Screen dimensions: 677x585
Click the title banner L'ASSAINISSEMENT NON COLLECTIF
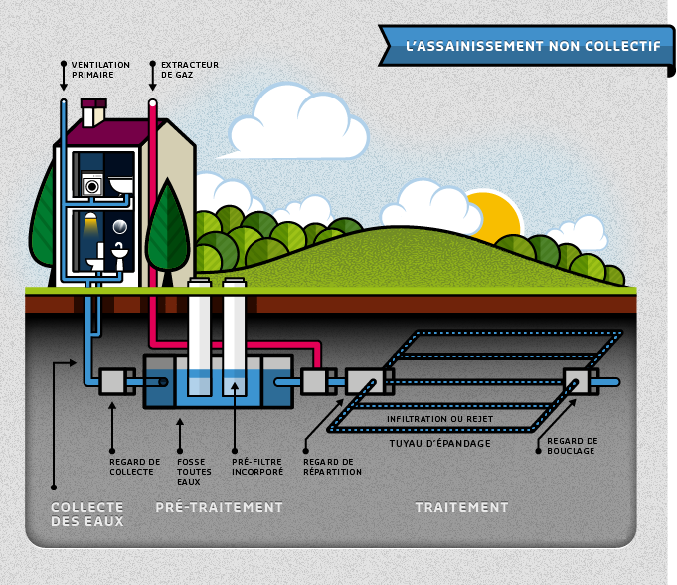pyautogui.click(x=526, y=46)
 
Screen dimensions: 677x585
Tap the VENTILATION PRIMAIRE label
pyautogui.click(x=100, y=70)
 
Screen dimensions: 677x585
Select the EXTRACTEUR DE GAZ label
pyautogui.click(x=190, y=70)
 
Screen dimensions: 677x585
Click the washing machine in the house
pyautogui.click(x=92, y=184)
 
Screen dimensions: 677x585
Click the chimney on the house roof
pyautogui.click(x=93, y=113)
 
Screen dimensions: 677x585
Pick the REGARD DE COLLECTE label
pyautogui.click(x=135, y=467)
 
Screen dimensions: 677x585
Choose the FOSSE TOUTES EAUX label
pyautogui.click(x=194, y=472)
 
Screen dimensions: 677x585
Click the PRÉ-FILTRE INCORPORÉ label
pyautogui.click(x=257, y=467)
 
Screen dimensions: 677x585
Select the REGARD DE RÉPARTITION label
pyautogui.click(x=332, y=467)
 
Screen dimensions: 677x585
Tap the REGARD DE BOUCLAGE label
pyautogui.click(x=572, y=446)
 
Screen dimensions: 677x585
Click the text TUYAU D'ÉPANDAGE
pyautogui.click(x=440, y=444)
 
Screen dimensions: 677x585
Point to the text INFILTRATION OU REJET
pyautogui.click(x=439, y=419)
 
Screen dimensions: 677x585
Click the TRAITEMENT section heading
pyautogui.click(x=461, y=507)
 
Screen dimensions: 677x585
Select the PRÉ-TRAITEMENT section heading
pyautogui.click(x=219, y=507)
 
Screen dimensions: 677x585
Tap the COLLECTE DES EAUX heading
pyautogui.click(x=87, y=514)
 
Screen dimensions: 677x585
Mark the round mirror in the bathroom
pyautogui.click(x=119, y=227)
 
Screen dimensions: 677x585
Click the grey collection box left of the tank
pyautogui.click(x=113, y=381)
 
